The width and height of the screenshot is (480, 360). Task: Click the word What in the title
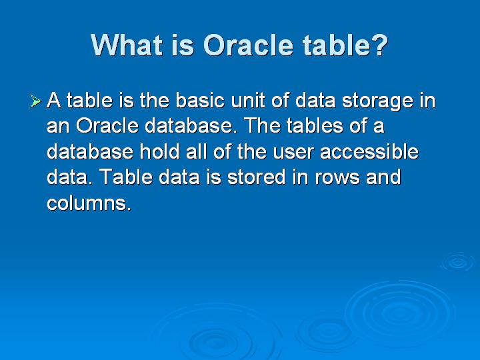127,45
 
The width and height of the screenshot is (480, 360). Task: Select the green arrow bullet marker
36,101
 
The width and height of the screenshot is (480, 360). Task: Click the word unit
248,101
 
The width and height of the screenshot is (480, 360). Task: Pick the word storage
377,102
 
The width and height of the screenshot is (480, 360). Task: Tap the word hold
159,151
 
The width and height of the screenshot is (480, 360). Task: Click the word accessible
369,151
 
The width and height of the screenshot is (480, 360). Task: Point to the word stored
257,177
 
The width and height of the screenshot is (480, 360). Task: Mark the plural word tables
315,125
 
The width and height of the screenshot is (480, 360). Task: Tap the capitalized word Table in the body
126,177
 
